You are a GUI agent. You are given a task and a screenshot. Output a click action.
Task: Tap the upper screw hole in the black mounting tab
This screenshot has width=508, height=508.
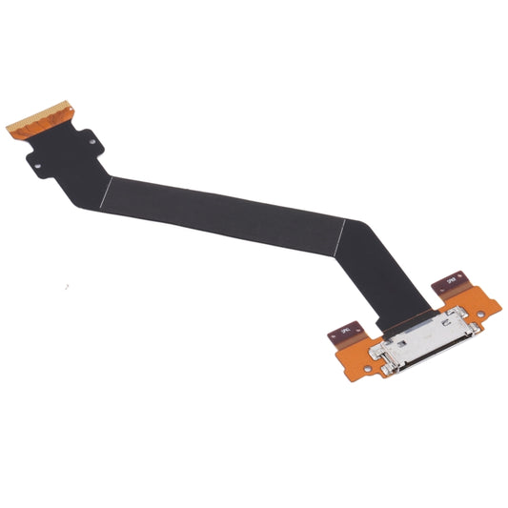pyautogui.click(x=92, y=142)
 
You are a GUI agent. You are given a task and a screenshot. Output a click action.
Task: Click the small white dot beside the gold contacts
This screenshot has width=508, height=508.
pyautogui.click(x=71, y=109)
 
